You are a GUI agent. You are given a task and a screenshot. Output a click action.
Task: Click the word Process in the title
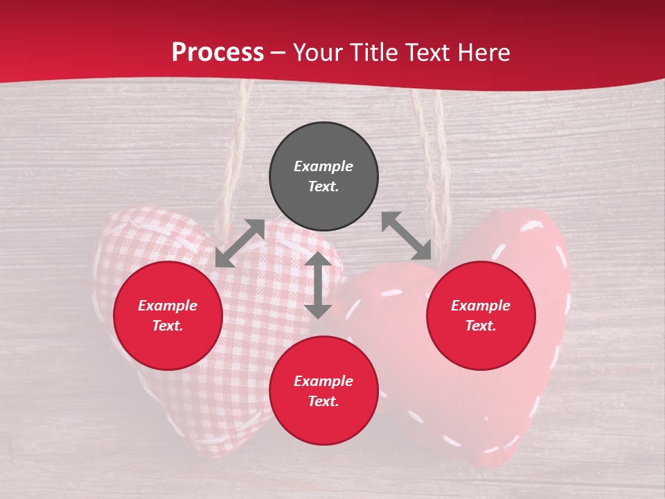click(218, 53)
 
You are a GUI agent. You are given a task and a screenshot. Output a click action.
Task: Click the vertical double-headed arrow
click(318, 285)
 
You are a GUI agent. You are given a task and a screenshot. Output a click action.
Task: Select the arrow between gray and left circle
click(240, 243)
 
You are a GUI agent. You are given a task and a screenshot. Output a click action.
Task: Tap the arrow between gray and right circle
click(407, 236)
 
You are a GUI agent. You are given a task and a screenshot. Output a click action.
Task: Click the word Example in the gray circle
click(323, 166)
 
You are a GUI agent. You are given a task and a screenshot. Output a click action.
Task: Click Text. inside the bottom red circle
click(323, 401)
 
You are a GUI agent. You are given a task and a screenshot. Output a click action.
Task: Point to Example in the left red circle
click(168, 306)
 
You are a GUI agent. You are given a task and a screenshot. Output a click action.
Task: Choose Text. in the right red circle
click(481, 326)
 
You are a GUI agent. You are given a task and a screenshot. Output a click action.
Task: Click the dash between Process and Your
click(278, 53)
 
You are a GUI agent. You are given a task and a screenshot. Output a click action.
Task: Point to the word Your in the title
click(318, 53)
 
